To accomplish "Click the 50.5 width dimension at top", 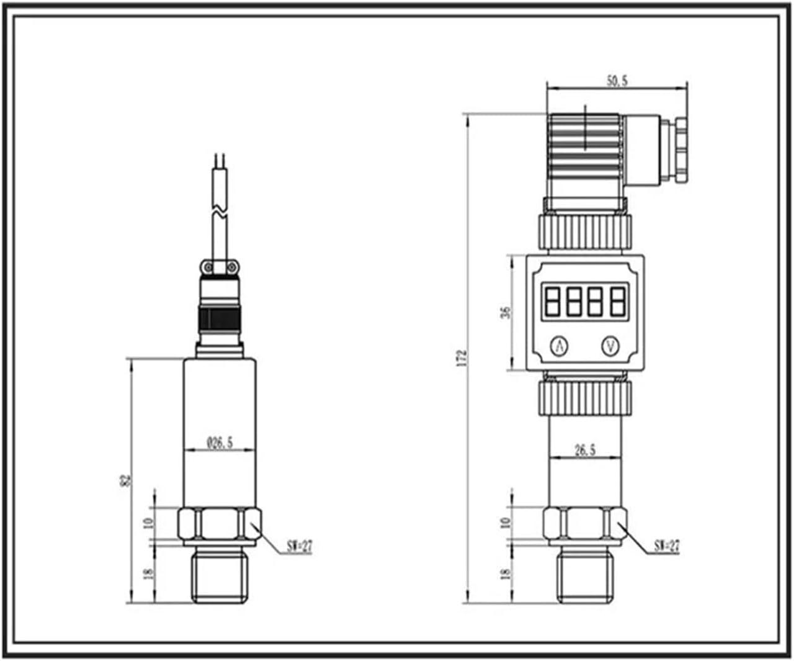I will (617, 81).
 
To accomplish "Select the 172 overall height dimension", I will (462, 358).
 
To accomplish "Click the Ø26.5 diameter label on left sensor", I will (220, 443).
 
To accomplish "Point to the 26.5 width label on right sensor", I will (585, 450).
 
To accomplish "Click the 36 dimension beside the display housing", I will (506, 312).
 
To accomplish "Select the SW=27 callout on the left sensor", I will (300, 546).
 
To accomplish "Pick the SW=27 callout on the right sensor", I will (667, 546).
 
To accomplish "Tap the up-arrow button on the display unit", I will (560, 346).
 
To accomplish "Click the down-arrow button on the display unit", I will (611, 346).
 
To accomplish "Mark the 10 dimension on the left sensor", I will (148, 523).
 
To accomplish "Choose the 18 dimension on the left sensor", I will (148, 573).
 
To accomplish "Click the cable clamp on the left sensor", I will (219, 267).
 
